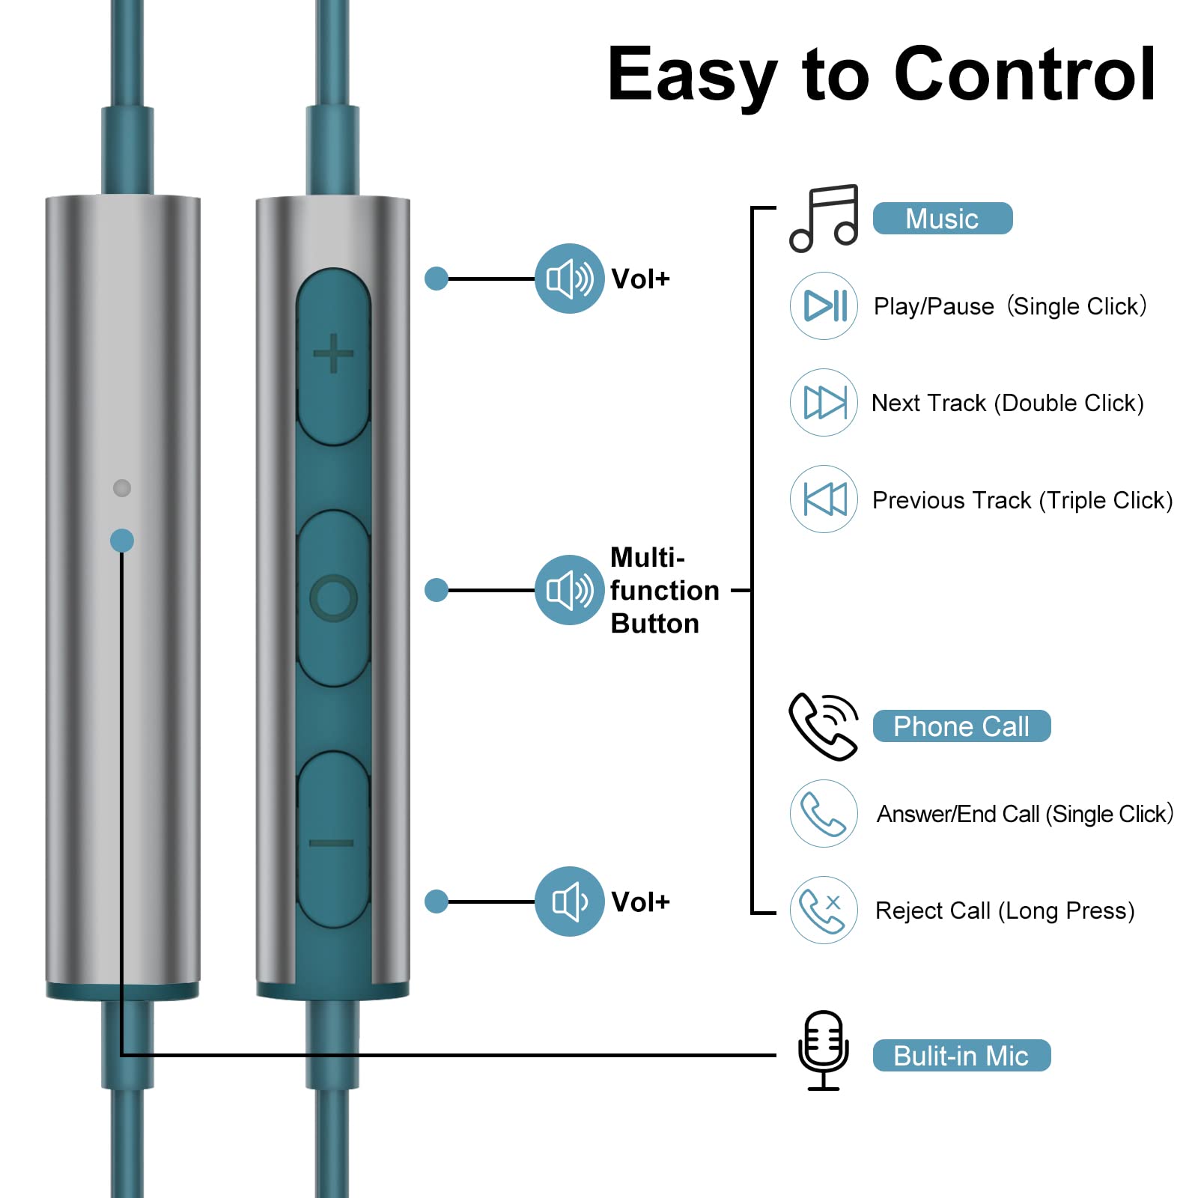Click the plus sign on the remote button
(333, 353)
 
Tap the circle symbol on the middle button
(333, 598)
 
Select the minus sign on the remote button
(332, 844)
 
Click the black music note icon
(824, 218)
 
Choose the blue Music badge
(942, 219)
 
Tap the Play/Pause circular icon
(824, 305)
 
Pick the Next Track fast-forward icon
(824, 403)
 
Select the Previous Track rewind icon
(824, 499)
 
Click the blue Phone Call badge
(961, 726)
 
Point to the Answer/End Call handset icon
(824, 814)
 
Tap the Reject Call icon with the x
(824, 910)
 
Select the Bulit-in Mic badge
(961, 1056)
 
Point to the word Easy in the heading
(692, 76)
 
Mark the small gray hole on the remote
(122, 488)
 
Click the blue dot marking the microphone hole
(122, 541)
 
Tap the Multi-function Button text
(663, 590)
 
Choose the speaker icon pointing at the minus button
(569, 901)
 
